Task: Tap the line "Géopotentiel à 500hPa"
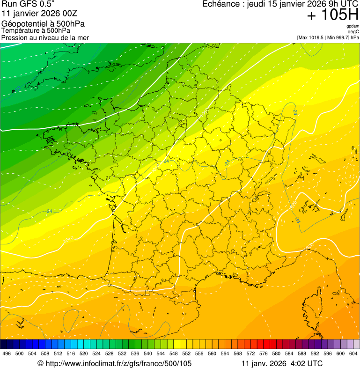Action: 43,24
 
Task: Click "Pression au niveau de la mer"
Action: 45,37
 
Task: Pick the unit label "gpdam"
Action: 353,26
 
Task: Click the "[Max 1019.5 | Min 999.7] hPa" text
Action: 328,37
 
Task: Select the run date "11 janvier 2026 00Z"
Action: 38,13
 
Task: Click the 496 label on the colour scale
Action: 7,353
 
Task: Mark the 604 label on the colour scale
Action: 353,353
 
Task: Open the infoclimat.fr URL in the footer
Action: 114,363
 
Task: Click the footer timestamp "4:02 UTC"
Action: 307,363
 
